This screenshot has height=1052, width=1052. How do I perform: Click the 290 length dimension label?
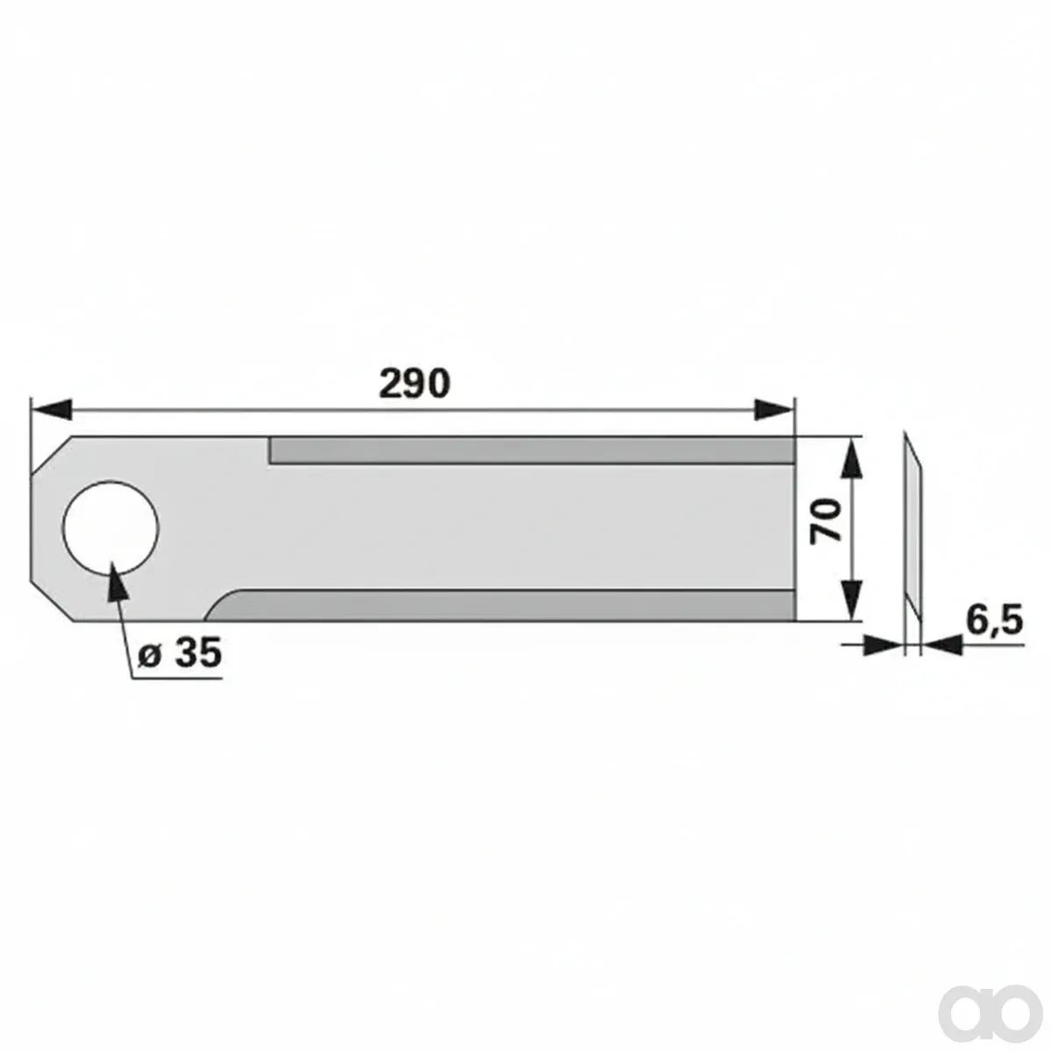tap(415, 383)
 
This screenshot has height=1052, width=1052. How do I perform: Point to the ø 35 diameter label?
tap(181, 652)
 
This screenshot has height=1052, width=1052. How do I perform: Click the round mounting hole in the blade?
tap(110, 529)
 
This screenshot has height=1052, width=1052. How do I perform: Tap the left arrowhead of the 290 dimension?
tap(52, 409)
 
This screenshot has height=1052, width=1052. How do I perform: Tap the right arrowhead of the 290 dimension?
tap(773, 409)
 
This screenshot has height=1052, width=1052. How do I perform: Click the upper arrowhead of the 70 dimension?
tap(852, 457)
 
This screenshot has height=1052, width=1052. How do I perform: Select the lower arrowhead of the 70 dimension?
tap(852, 601)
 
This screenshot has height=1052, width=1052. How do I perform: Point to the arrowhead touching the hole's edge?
tap(117, 581)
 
